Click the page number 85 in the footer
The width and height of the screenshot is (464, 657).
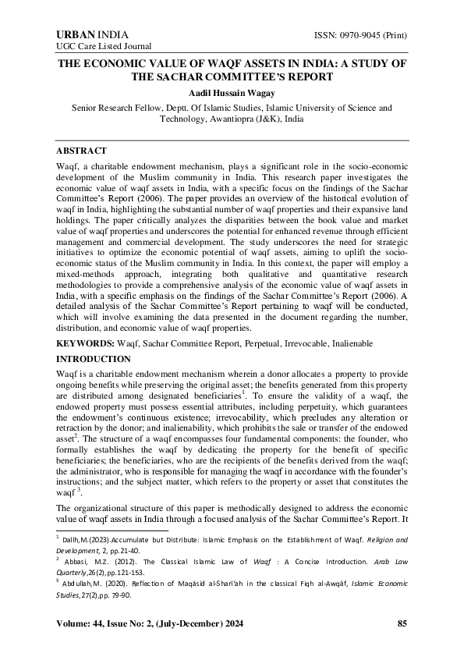(402, 623)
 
